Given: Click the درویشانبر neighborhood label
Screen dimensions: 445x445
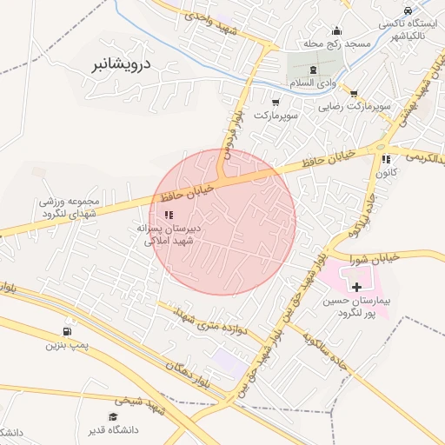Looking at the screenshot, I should point(122,63).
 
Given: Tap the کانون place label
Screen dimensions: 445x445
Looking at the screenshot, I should point(386,174).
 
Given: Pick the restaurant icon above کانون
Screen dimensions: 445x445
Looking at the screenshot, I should point(385,159).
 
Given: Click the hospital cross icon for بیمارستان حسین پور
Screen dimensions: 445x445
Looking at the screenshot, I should point(356,286).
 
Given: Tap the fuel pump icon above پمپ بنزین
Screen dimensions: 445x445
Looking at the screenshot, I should point(67,331).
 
